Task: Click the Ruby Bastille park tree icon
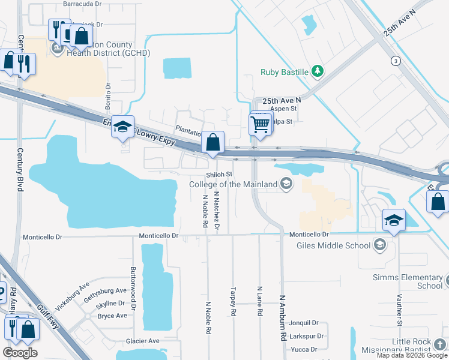[x=318, y=73]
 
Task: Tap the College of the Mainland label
[x=234, y=184]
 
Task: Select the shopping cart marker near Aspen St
[x=260, y=125]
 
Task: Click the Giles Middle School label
[x=333, y=245]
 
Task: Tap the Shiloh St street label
[x=219, y=175]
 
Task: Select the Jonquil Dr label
[x=304, y=323]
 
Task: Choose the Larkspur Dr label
[x=306, y=336]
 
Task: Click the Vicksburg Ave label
[x=72, y=292]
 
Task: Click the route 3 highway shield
[x=395, y=61]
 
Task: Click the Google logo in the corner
[x=20, y=353]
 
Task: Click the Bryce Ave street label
[x=112, y=316]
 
